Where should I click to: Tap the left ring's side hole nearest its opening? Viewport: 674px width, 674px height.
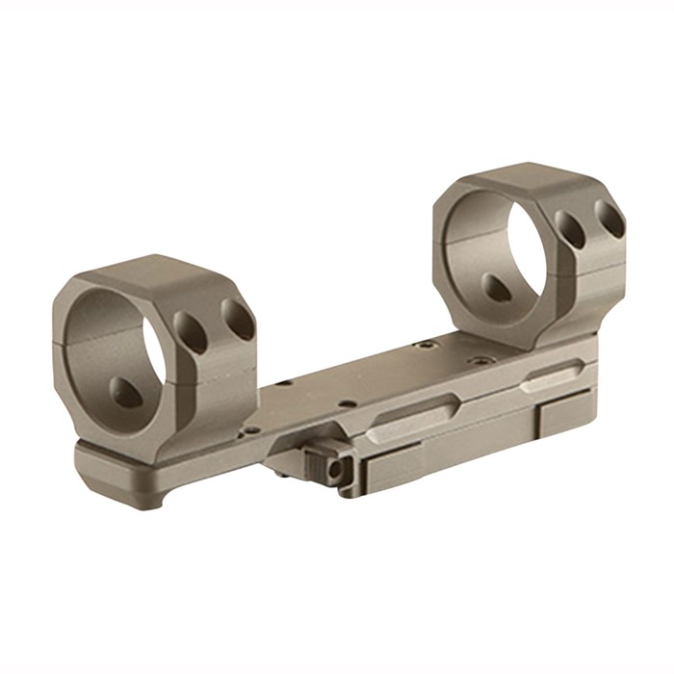(193, 331)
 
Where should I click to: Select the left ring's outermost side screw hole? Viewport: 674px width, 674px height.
(236, 319)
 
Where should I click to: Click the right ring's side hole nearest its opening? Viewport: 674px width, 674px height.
(569, 230)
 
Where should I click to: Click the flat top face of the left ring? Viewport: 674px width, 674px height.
(154, 272)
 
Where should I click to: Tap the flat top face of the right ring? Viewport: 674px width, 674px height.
(525, 178)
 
